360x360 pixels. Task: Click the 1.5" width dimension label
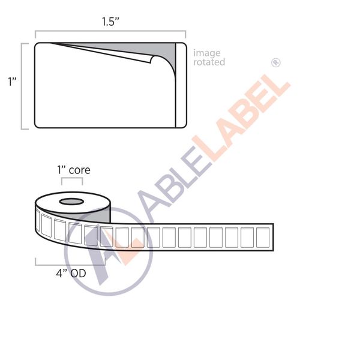(110, 22)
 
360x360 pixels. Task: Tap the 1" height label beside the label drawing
(11, 82)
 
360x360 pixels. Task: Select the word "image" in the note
(206, 53)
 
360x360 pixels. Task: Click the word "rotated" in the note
(209, 62)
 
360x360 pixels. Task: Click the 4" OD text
(71, 274)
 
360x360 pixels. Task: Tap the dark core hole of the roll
(72, 200)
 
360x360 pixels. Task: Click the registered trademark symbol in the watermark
(276, 62)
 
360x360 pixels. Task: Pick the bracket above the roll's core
(72, 180)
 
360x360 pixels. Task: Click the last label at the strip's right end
(263, 237)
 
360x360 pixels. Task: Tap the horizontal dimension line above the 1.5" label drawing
(110, 33)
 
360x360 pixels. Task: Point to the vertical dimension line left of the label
(23, 85)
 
